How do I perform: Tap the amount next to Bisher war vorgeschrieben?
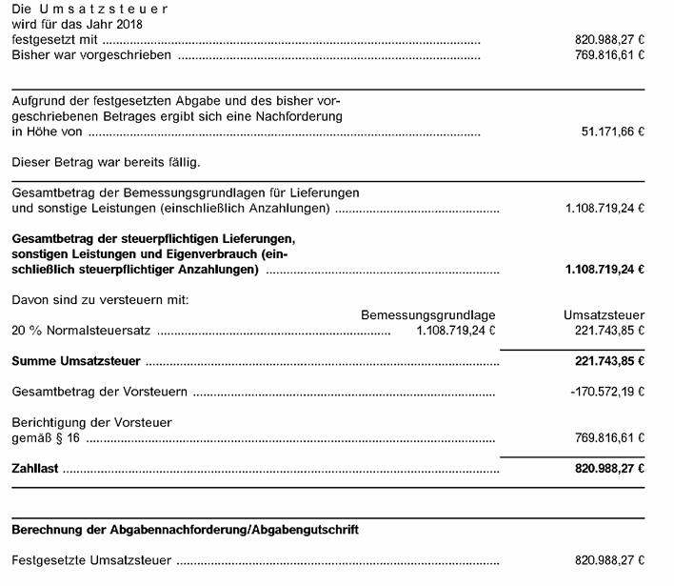click(x=604, y=56)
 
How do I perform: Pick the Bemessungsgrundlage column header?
click(x=428, y=315)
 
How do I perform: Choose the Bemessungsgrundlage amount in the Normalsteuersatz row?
click(x=456, y=332)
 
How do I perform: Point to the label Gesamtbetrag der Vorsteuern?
click(x=99, y=393)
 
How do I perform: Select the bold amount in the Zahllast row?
click(x=604, y=469)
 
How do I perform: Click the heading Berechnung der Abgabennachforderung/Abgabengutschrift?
click(x=186, y=529)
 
